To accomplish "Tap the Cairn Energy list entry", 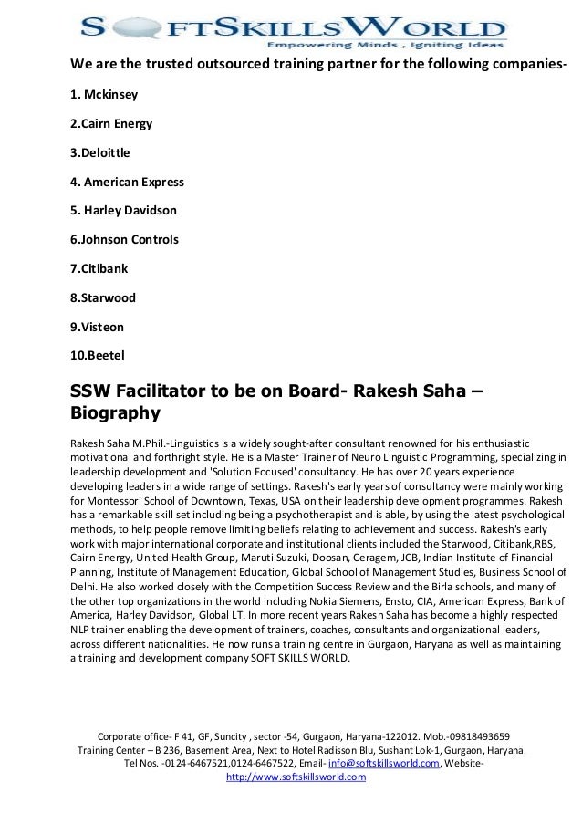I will (x=111, y=123).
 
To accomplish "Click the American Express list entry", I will (x=127, y=182).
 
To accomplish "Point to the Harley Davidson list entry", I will (x=123, y=211).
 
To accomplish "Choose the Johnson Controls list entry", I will (x=124, y=240).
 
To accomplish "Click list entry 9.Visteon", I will (x=99, y=327).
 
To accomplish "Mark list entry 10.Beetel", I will (x=99, y=355).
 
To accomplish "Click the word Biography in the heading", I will (x=115, y=413).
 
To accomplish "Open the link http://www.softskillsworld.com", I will (x=295, y=777).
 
